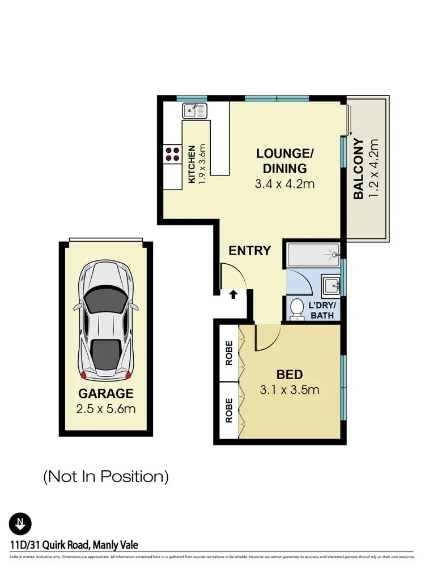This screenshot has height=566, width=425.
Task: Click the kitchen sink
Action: pyautogui.click(x=195, y=111)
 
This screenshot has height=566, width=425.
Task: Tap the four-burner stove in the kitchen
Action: pyautogui.click(x=172, y=154)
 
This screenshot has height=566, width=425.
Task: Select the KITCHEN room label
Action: pyautogui.click(x=192, y=164)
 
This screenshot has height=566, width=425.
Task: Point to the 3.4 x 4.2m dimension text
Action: pyautogui.click(x=285, y=183)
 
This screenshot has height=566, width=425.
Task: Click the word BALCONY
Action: pyautogui.click(x=359, y=169)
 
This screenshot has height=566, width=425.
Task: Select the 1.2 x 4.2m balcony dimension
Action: pyautogui.click(x=373, y=169)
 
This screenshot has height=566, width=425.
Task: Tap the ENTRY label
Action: pyautogui.click(x=250, y=251)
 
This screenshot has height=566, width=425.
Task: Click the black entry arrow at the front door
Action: pyautogui.click(x=232, y=294)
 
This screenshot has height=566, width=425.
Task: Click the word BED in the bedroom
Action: pyautogui.click(x=290, y=374)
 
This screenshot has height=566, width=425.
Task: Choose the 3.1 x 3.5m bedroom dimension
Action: pyautogui.click(x=290, y=389)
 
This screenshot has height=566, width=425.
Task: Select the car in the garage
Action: pyautogui.click(x=106, y=321)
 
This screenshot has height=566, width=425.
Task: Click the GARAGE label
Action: pyautogui.click(x=106, y=393)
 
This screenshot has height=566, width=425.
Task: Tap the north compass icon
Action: pyautogui.click(x=20, y=523)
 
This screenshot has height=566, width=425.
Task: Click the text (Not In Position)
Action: pyautogui.click(x=106, y=477)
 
